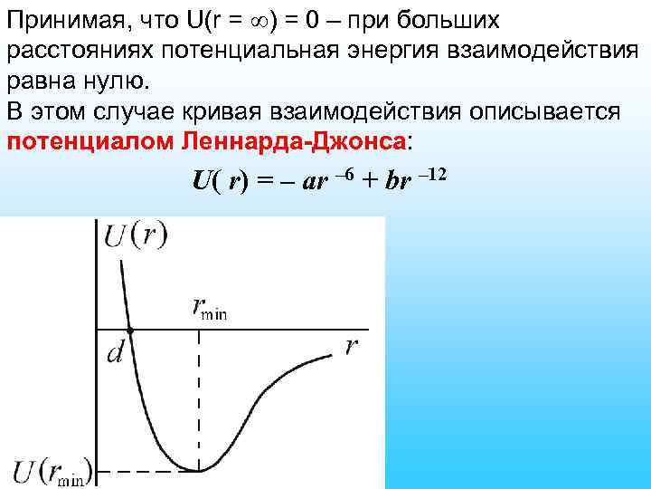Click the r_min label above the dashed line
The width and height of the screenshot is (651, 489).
[x=211, y=309]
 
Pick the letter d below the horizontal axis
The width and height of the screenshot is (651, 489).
[x=116, y=354]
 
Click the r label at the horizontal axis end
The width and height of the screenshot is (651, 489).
[x=351, y=347]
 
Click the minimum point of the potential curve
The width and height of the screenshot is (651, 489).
[x=199, y=469]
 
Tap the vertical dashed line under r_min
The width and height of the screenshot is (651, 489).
[x=199, y=398]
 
